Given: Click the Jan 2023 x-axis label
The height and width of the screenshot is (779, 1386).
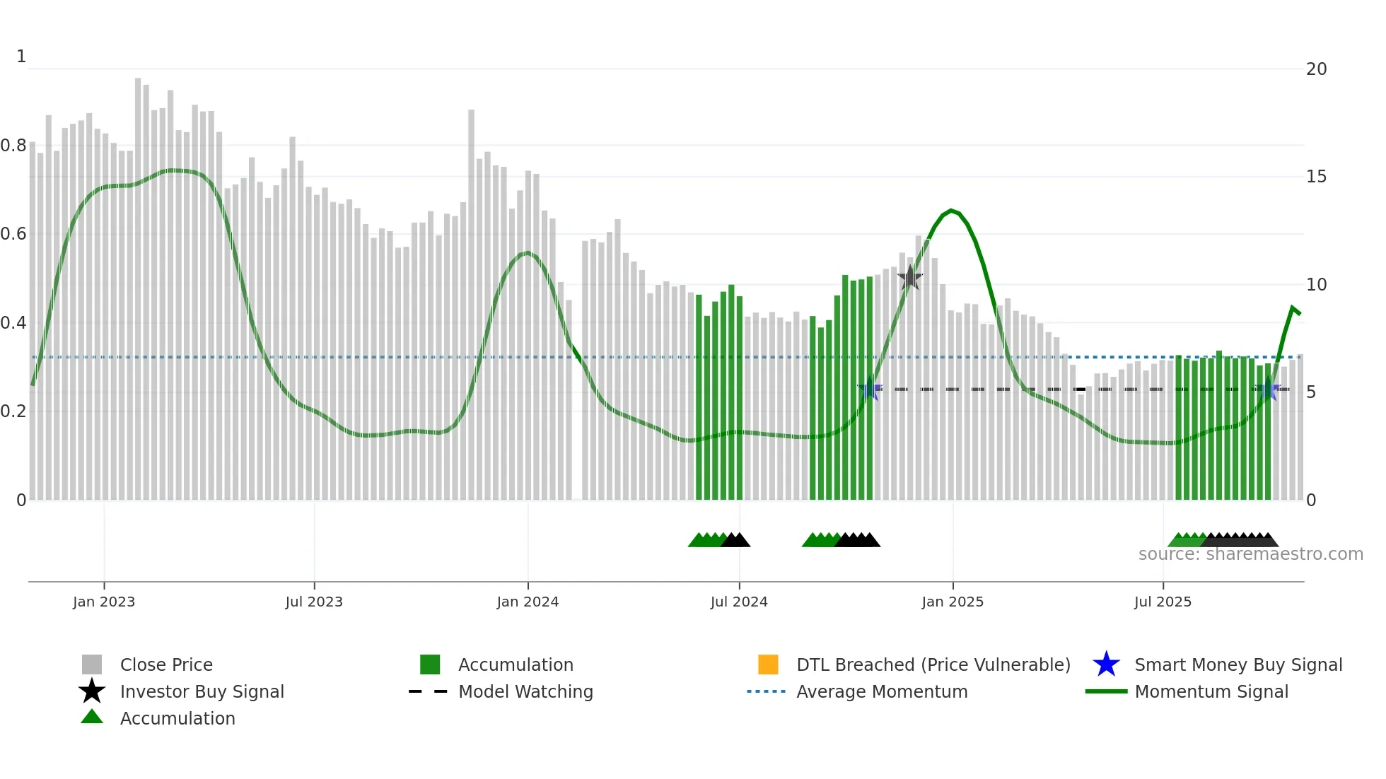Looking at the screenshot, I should pos(103,602).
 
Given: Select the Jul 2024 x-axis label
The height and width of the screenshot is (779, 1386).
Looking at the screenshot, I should pos(739,602).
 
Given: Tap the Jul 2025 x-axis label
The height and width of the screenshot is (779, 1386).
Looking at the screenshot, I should pos(1163,602).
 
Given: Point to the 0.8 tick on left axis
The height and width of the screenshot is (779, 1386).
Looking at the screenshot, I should pos(13,146).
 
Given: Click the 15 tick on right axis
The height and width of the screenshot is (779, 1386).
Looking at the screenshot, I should pos(1316,177).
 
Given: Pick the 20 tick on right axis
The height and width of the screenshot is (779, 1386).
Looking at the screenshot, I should pos(1316,69).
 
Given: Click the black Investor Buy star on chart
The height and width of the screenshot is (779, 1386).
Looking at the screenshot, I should pos(910,278).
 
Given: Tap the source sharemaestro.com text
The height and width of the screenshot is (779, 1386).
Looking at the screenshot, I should pos(1250,554).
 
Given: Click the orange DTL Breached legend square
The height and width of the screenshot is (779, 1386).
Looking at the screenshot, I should pos(768,664).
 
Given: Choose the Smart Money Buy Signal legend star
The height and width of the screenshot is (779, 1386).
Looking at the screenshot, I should pos(1106,664).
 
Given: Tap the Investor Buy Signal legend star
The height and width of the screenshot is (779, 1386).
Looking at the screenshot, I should pos(92,691).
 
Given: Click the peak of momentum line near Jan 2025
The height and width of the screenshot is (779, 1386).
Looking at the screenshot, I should pos(951,210).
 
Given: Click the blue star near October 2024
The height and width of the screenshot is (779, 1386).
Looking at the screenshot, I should pos(870,389).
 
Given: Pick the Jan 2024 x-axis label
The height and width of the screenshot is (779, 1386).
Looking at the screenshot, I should pos(528,602).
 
